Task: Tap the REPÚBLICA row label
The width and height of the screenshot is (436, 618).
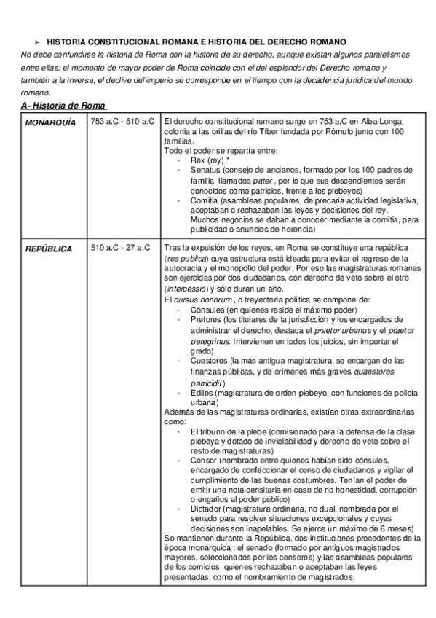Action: click(x=49, y=249)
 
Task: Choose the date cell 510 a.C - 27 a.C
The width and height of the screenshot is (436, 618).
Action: click(x=120, y=248)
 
